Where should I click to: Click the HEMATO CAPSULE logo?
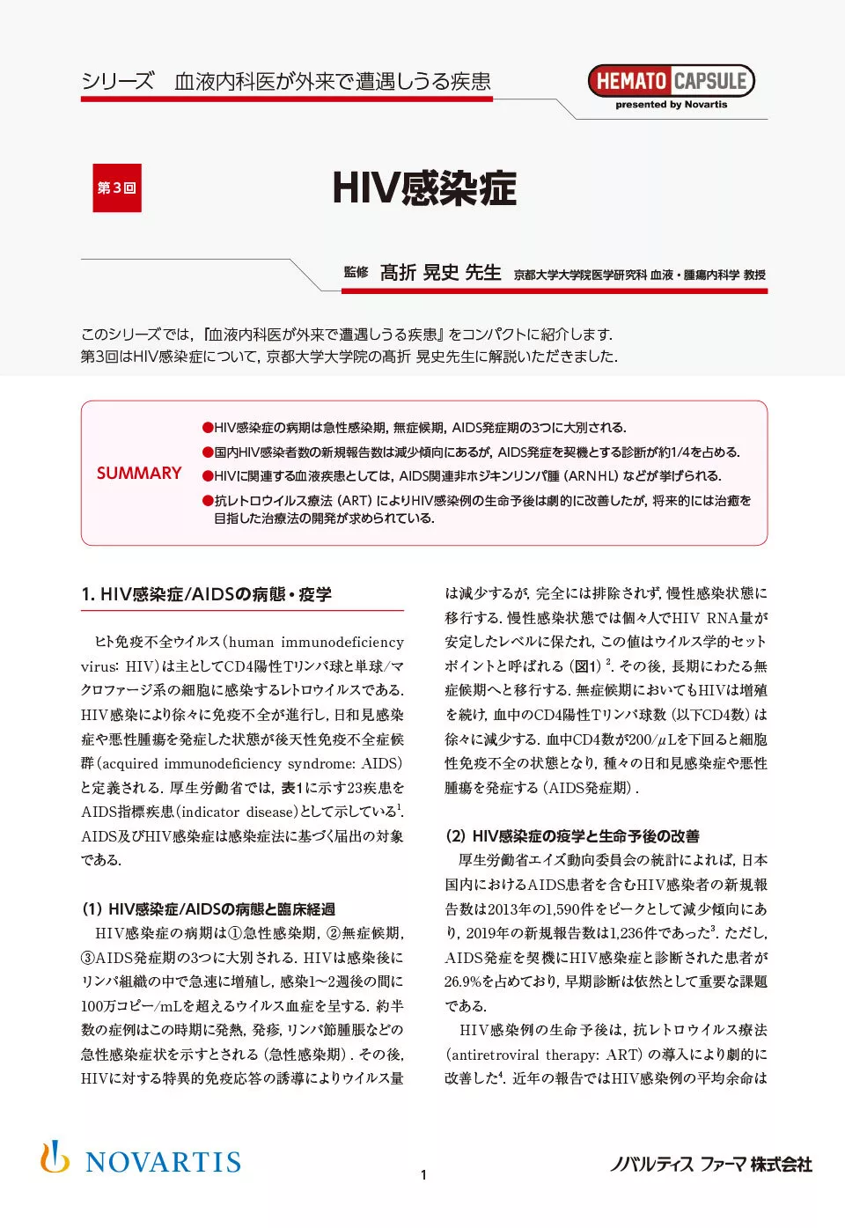pos(671,81)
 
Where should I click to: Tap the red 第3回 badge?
pos(117,188)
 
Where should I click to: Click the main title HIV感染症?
pos(424,188)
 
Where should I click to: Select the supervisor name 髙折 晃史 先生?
pos(440,273)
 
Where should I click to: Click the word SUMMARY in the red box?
pos(139,473)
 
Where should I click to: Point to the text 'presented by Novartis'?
pos(671,105)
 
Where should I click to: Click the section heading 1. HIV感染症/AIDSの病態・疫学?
pos(207,594)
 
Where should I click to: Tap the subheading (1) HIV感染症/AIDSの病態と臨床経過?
pos(209,908)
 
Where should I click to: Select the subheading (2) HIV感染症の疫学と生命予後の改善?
pos(572,835)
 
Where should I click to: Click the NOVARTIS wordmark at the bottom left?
pos(164,1162)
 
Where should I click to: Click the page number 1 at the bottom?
pos(423,1174)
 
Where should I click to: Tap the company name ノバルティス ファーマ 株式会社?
pos(711,1164)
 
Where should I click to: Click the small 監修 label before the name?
pos(356,273)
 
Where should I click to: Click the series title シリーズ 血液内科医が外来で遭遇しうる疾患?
pos(286,82)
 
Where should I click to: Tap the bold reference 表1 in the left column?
pos(292,788)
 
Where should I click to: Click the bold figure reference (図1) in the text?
pos(585,666)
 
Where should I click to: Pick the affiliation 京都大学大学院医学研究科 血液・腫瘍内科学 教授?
pos(640,275)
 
